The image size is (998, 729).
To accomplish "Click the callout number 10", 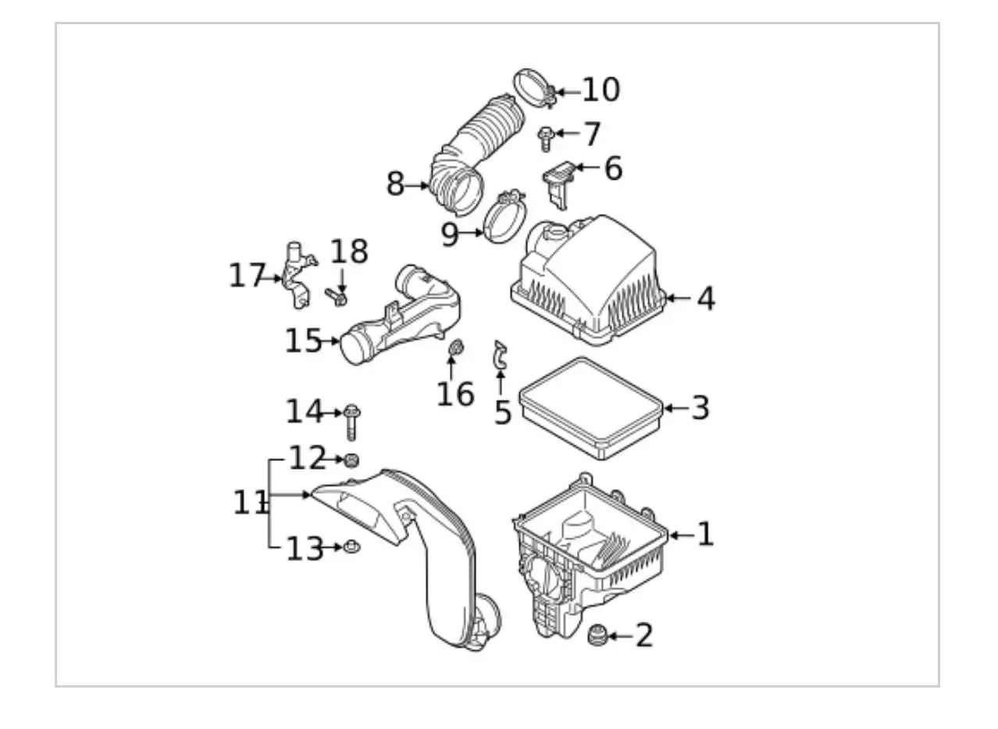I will (601, 90).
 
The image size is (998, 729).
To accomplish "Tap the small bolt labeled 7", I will (546, 139).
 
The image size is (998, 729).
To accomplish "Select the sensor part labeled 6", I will (559, 183).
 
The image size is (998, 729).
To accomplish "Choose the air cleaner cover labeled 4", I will (590, 284).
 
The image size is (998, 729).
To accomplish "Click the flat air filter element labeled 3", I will (591, 406).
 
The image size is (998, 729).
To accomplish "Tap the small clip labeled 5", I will (500, 356).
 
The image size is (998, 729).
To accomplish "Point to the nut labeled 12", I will (351, 459).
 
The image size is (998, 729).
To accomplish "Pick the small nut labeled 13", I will (351, 547).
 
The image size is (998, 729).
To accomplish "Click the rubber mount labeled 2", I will (597, 635).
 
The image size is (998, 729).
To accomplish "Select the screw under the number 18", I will (337, 297).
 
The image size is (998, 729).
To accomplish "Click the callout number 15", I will (303, 341).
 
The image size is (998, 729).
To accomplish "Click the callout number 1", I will (704, 534).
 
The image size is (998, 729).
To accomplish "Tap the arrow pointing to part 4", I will (676, 298).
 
